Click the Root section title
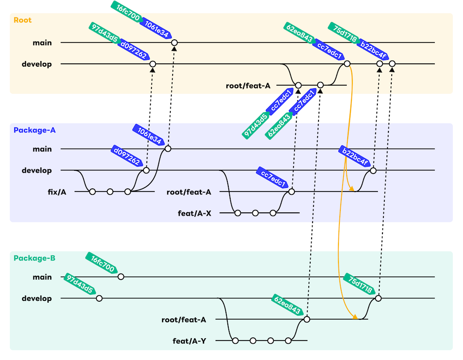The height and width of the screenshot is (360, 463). click(x=23, y=20)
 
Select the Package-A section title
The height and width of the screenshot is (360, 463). click(x=35, y=130)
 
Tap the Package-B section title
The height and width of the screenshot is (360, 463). click(x=35, y=258)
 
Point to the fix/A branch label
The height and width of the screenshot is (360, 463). click(x=57, y=192)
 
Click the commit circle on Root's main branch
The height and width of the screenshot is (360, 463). click(x=174, y=43)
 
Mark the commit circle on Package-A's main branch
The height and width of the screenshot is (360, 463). click(x=168, y=149)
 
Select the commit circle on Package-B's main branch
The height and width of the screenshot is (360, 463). click(x=121, y=277)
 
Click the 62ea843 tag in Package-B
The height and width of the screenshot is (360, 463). click(x=288, y=305)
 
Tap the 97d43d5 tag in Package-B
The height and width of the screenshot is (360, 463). click(x=80, y=284)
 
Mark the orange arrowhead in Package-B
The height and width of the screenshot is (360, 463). click(x=355, y=317)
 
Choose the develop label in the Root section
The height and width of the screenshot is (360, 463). click(x=37, y=64)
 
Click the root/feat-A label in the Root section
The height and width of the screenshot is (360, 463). click(x=248, y=86)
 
